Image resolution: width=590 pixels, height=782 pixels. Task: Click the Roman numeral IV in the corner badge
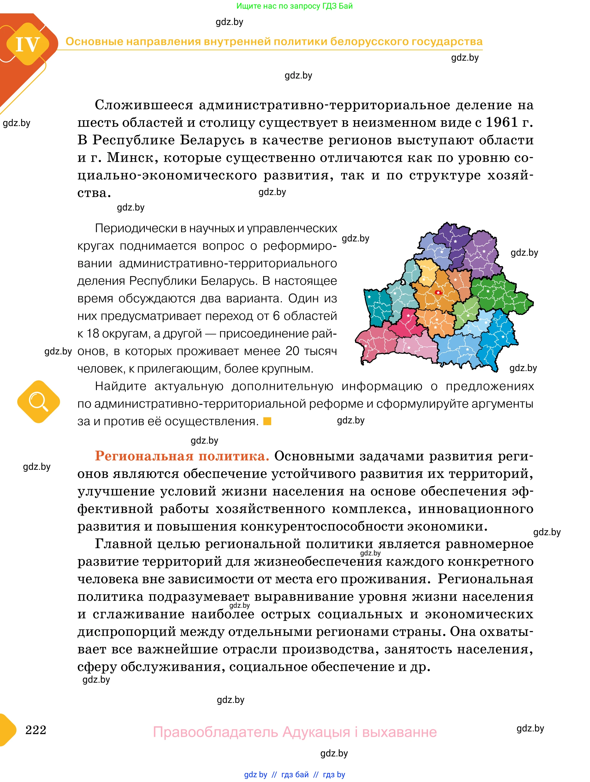28,45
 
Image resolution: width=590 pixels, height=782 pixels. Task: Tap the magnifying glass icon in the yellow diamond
38,402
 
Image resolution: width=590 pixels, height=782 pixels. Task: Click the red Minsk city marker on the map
438,292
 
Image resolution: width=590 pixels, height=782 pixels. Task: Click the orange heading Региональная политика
182,456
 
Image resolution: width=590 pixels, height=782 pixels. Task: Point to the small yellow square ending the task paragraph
267,421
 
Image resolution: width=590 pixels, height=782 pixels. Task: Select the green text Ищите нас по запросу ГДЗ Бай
294,6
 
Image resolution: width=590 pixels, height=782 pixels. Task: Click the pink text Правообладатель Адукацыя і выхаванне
294,731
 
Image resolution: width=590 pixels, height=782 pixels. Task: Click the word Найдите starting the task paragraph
120,386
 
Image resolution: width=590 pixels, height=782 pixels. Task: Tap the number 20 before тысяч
292,351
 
